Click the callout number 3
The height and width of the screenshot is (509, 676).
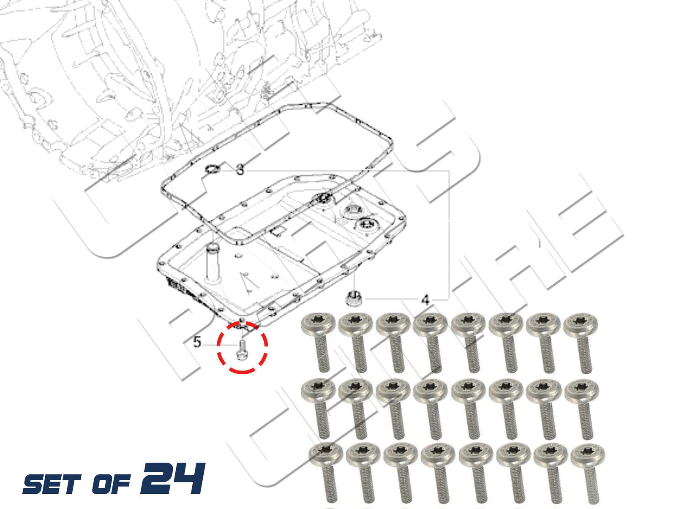240,169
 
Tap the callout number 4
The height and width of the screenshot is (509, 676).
425,299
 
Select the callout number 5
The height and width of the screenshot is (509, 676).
197,342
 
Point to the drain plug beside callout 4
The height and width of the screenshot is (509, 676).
353,298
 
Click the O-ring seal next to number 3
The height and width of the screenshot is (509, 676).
213,169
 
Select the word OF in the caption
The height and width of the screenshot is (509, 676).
111,484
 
